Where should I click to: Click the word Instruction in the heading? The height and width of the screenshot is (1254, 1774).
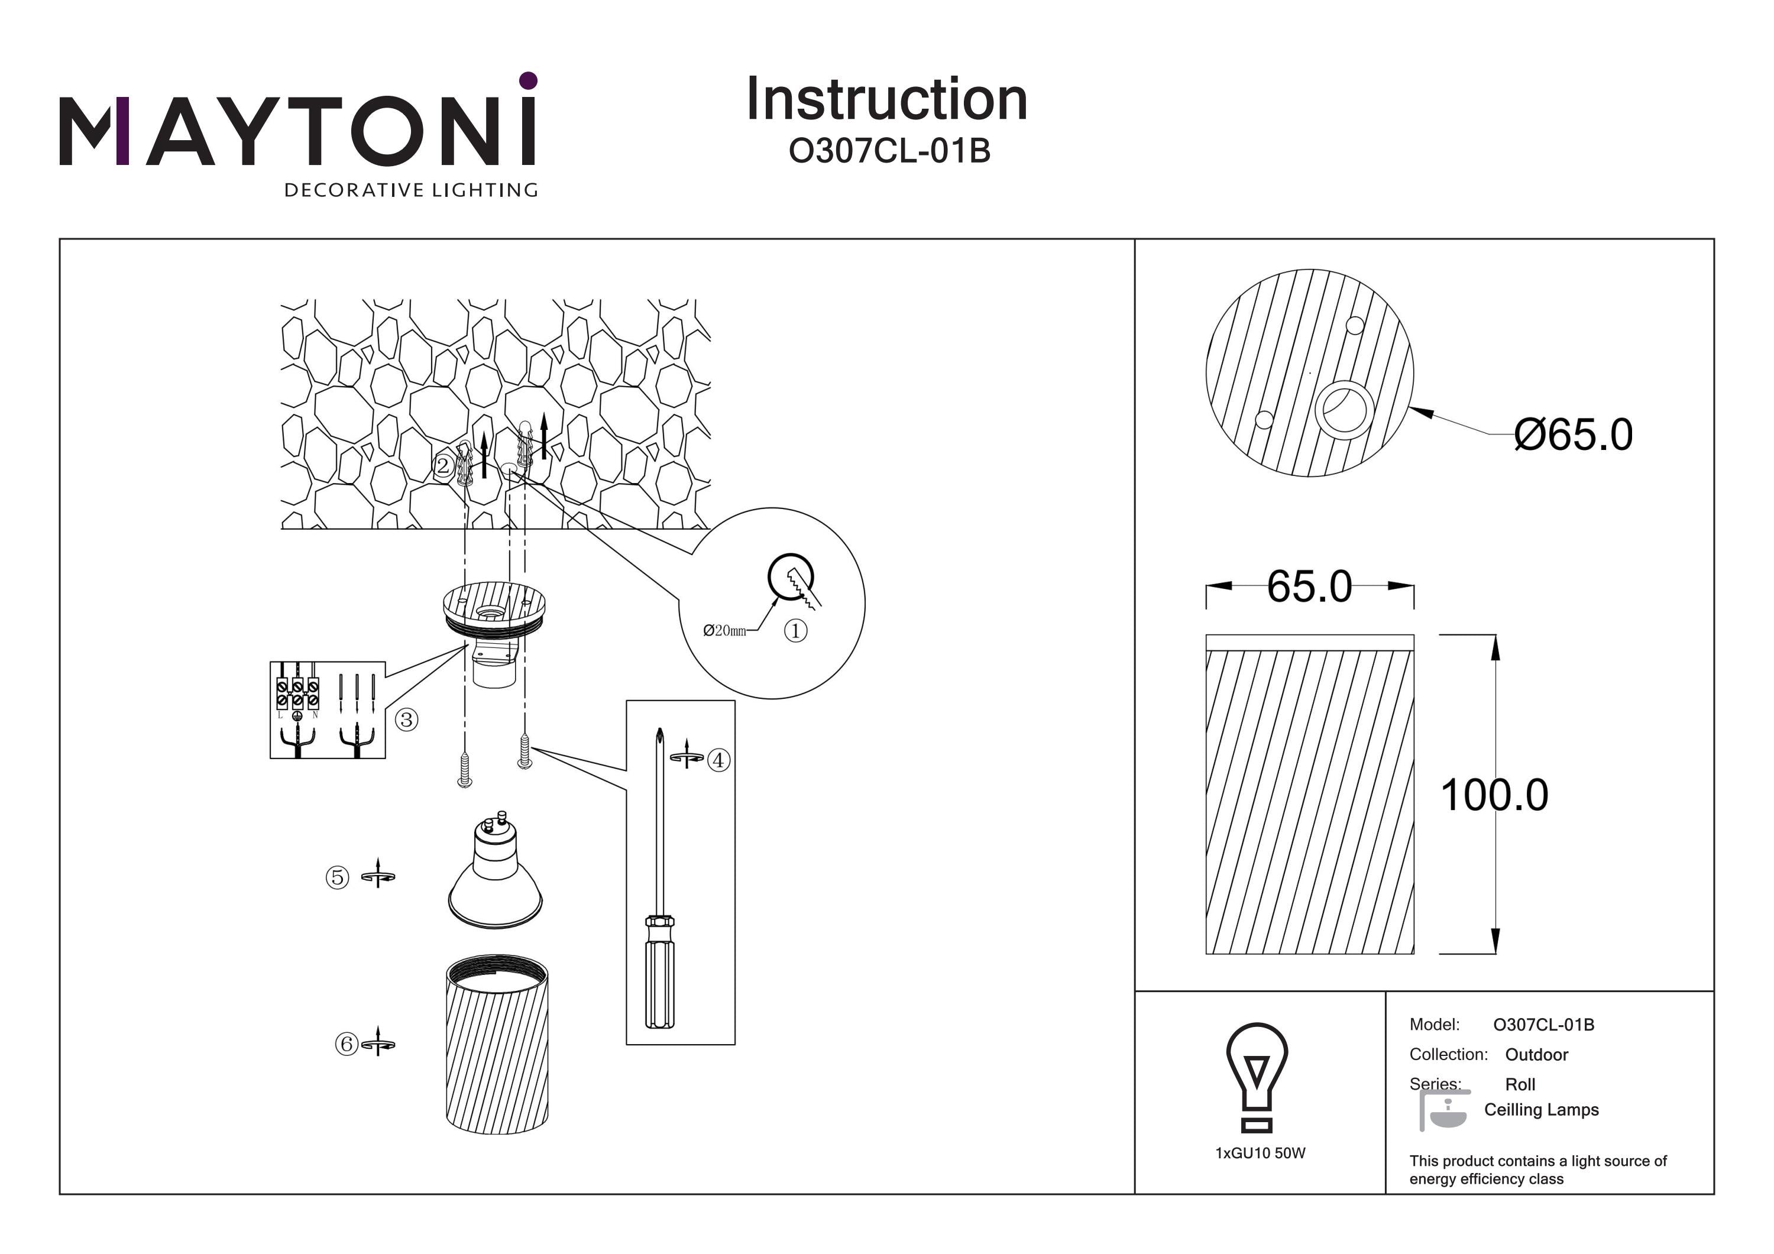point(886,100)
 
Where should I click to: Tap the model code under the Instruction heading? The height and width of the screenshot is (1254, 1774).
point(889,151)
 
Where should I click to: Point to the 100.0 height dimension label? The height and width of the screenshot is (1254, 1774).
point(1494,795)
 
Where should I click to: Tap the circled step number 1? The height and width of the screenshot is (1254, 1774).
point(795,631)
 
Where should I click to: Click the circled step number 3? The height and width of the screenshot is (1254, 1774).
point(406,720)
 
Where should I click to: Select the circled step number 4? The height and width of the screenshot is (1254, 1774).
point(718,760)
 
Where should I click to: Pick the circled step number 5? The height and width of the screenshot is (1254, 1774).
point(337,878)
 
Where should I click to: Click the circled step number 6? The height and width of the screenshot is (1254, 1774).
point(346,1045)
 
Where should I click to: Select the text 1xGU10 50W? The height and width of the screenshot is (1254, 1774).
point(1260,1153)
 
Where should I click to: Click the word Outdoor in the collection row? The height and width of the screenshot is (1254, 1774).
point(1536,1055)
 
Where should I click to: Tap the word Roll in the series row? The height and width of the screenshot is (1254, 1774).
point(1520,1085)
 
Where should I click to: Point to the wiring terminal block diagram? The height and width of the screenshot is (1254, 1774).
point(328,710)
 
